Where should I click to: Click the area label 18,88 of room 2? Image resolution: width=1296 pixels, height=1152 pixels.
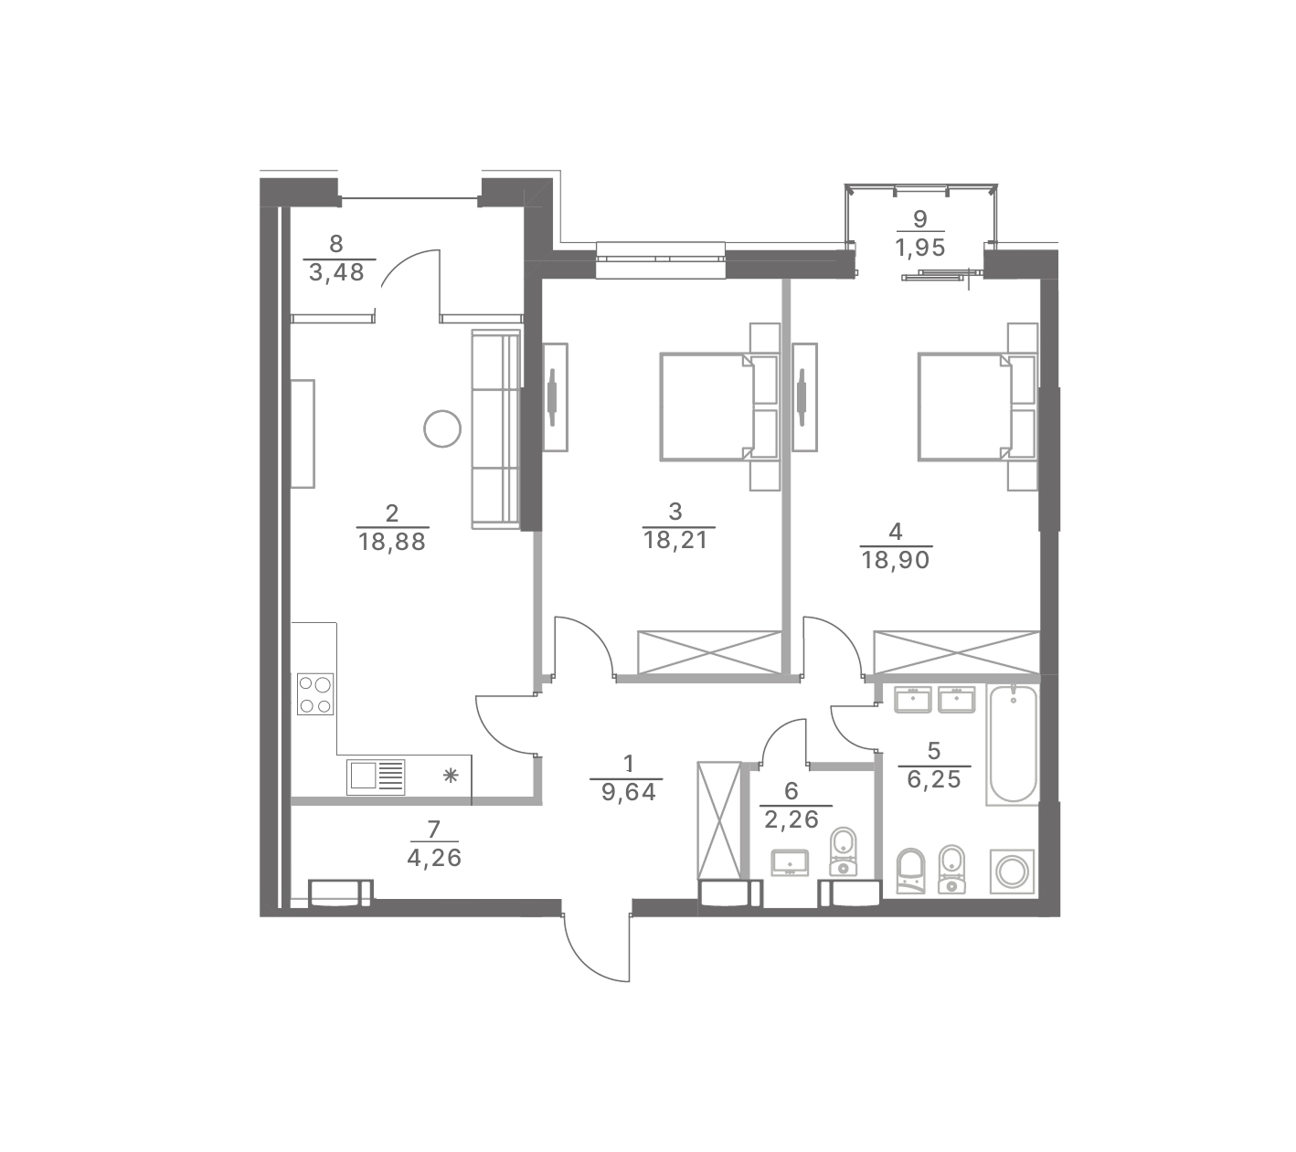point(391,543)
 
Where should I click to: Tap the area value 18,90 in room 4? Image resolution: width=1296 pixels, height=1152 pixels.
point(895,561)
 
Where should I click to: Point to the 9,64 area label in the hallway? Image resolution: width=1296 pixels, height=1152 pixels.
point(628,793)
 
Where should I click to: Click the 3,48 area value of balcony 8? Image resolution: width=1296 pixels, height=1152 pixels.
point(336,273)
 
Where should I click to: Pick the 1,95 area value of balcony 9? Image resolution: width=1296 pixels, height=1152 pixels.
point(919,248)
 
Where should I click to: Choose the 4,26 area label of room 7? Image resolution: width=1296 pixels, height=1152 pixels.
point(434,858)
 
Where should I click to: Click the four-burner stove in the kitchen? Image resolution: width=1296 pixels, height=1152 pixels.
point(314,694)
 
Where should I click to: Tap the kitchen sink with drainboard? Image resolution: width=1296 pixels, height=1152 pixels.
point(376,777)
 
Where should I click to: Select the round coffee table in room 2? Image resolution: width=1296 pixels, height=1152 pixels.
point(442,429)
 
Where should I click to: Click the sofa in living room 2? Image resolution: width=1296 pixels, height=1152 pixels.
point(496,429)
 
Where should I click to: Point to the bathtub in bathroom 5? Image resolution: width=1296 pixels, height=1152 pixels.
point(1013,745)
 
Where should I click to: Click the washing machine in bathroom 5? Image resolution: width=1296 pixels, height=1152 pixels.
point(1012,872)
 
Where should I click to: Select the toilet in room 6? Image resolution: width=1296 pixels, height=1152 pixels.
point(843,852)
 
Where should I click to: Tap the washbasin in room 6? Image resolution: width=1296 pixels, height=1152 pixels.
point(791,863)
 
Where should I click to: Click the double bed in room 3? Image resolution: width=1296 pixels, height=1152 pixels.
point(719,407)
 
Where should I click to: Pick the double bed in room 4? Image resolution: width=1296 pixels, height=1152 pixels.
point(977,407)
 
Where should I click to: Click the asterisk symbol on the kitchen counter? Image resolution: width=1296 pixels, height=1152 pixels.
point(451,777)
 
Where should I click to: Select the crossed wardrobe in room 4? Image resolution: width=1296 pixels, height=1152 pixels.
point(957,652)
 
